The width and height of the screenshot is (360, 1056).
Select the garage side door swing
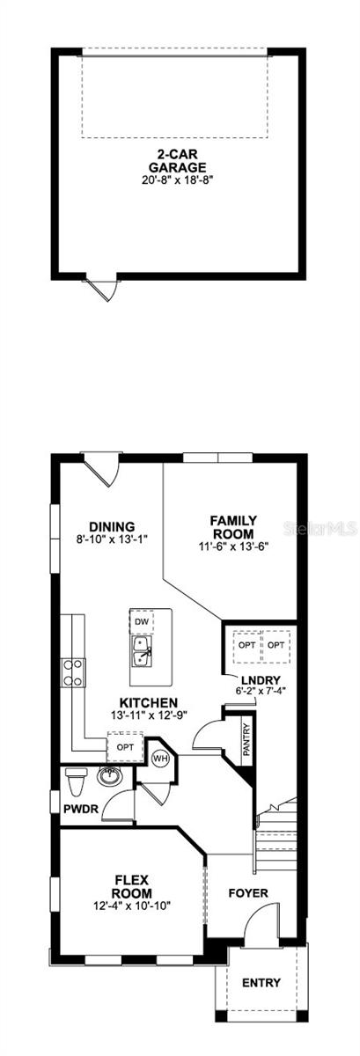(107, 288)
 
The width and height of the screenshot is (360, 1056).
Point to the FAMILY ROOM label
(232, 527)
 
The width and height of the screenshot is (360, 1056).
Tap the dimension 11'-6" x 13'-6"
(232, 546)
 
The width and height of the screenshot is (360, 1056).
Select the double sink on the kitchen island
(141, 653)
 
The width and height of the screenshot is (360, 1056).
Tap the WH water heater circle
(161, 757)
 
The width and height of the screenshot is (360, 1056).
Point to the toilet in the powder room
(77, 780)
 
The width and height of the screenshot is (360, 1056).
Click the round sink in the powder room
(109, 777)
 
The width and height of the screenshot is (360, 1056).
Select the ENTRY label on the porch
(261, 983)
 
